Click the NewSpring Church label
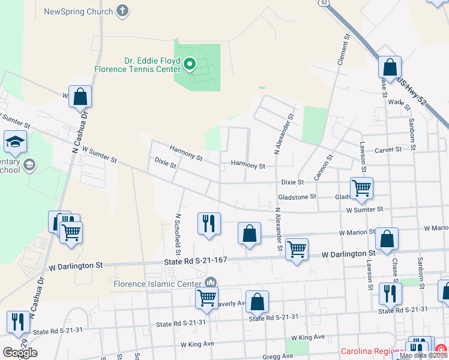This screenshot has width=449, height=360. point(79,11)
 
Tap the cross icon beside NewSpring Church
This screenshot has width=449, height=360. point(123,10)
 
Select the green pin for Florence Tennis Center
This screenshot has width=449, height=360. point(190,63)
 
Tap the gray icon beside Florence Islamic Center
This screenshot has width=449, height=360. point(211,283)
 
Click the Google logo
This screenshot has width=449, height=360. point(20,353)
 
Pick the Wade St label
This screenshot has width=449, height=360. point(398,103)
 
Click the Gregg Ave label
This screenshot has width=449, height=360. point(278,356)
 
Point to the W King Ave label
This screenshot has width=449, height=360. point(197,344)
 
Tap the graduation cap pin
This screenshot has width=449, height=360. point(15,142)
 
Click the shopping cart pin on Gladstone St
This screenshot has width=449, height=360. point(361,188)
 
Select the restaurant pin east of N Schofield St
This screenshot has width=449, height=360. point(209,223)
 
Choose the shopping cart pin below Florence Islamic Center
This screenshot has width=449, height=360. point(206,297)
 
